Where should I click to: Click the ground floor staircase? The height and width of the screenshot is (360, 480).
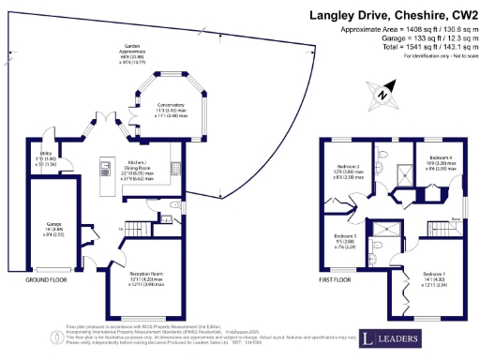point(141,227)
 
